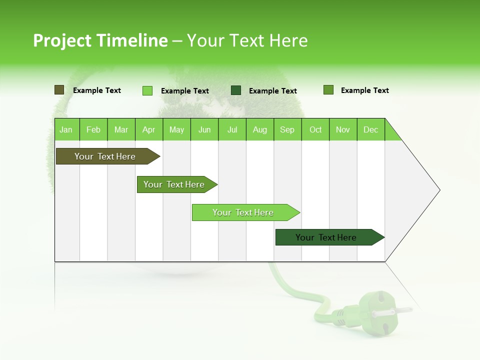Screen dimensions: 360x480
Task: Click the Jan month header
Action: (66, 130)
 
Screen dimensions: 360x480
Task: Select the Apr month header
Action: (148, 130)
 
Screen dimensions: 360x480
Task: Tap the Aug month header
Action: (259, 130)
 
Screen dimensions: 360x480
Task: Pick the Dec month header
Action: (370, 130)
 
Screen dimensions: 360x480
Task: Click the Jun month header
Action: (204, 130)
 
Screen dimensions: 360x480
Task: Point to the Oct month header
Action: (315, 130)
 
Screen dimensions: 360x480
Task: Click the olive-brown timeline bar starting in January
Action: (105, 156)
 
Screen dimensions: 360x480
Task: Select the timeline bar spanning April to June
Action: (175, 184)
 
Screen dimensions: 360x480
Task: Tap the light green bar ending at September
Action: (243, 212)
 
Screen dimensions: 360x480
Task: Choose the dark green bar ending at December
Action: (327, 237)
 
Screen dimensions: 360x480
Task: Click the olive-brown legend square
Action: (59, 90)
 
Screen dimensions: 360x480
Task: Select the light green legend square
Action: (147, 90)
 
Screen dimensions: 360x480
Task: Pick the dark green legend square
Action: (236, 90)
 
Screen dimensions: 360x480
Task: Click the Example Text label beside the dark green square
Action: (272, 91)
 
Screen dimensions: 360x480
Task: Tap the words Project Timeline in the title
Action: (100, 40)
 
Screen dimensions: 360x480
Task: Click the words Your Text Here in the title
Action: (247, 40)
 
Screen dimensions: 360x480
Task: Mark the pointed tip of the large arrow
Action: (439, 190)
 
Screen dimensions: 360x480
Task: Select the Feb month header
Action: (93, 130)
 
